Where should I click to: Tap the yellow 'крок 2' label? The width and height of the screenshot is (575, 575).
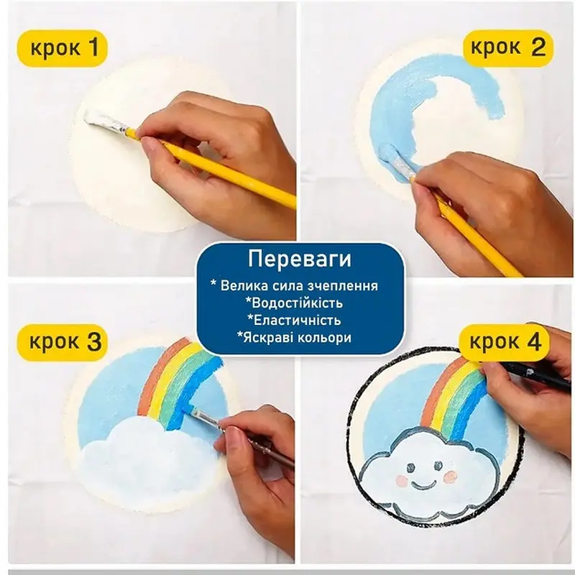click(x=507, y=48)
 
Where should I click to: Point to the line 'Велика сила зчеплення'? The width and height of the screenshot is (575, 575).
click(x=300, y=285)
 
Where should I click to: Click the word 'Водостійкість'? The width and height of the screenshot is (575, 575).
click(x=300, y=303)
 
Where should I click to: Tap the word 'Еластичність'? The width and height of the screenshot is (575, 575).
click(x=300, y=320)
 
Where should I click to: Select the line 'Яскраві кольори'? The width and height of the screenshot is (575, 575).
click(x=300, y=337)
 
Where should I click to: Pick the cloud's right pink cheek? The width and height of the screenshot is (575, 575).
click(x=451, y=477)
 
